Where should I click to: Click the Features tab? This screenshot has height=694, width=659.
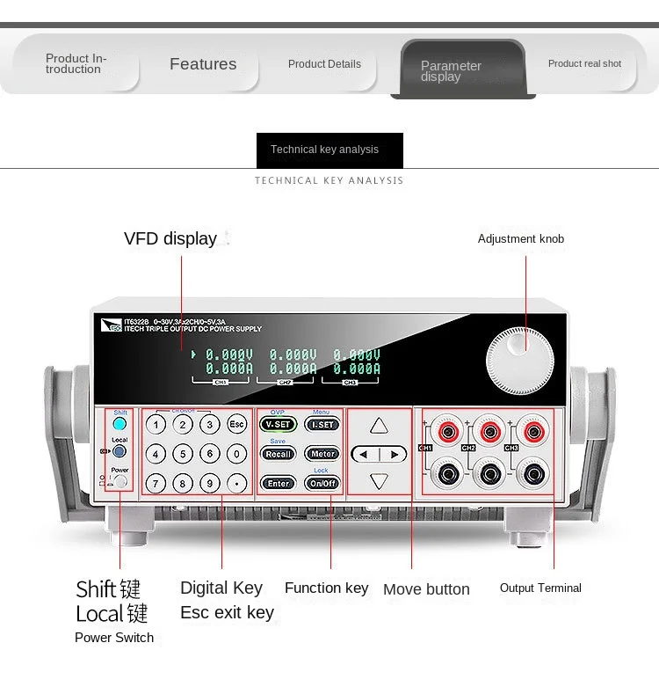click(x=203, y=64)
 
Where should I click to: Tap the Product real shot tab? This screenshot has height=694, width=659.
click(x=584, y=63)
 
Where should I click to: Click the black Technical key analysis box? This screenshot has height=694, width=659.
click(x=329, y=150)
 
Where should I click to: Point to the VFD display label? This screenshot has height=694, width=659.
click(x=170, y=238)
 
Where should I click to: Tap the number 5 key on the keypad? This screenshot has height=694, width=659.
click(x=183, y=454)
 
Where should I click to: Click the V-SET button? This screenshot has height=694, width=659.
click(x=278, y=424)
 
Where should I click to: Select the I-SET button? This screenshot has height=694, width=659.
click(x=322, y=424)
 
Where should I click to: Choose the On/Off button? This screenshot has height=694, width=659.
click(x=322, y=483)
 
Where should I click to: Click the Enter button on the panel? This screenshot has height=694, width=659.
click(x=279, y=483)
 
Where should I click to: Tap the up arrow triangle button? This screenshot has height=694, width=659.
click(x=379, y=426)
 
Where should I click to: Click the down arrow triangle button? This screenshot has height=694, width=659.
click(x=379, y=481)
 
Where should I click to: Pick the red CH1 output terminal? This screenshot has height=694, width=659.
click(x=448, y=431)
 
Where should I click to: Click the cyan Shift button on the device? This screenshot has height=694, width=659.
click(x=119, y=424)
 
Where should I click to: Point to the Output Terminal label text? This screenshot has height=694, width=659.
click(x=540, y=588)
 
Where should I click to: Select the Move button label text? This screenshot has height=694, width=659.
click(x=426, y=589)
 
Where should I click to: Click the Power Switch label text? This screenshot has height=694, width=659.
click(x=114, y=638)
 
